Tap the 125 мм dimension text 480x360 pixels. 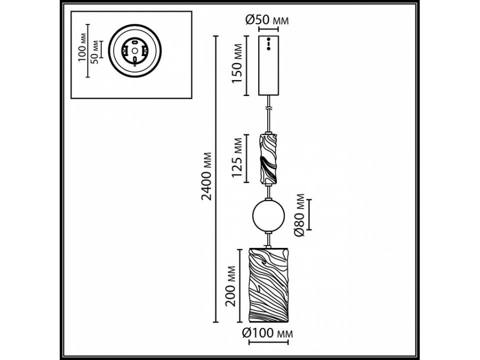pos(238,158)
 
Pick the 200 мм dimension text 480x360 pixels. pos(230,286)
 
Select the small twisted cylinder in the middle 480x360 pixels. pos(268,157)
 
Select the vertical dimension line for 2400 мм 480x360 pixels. pos(215,179)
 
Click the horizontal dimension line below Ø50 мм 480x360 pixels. pos(269,30)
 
